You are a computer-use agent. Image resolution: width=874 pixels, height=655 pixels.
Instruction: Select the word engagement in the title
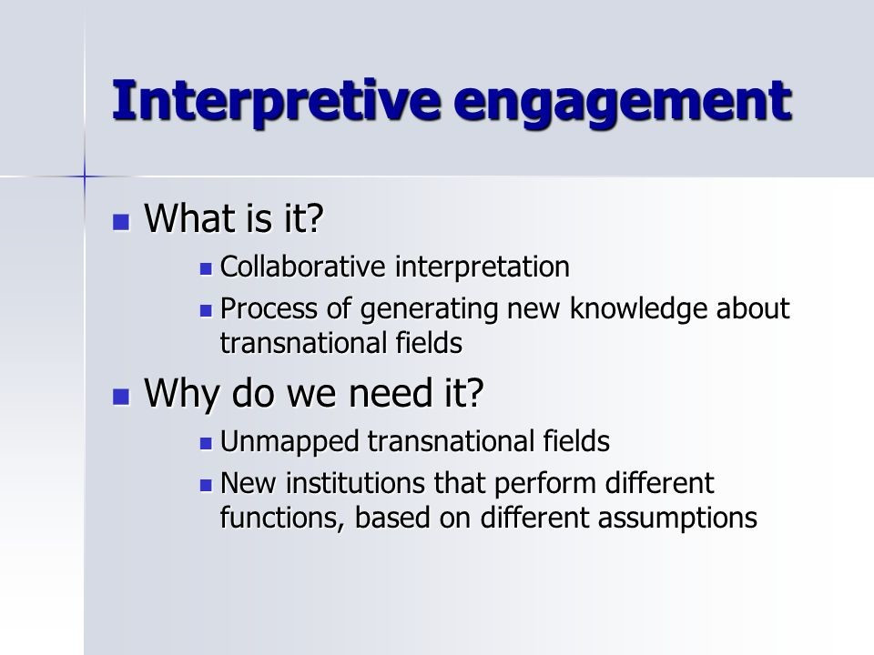click(623, 103)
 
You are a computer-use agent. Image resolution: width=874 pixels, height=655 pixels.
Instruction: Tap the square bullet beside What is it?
click(121, 222)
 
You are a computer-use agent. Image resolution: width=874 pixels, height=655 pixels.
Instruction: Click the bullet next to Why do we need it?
click(121, 397)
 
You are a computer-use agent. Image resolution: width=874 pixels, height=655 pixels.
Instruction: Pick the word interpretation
click(483, 267)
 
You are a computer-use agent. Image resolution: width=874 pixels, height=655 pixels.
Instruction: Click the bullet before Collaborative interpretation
click(207, 269)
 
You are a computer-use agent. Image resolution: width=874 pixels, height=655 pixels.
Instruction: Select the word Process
click(269, 308)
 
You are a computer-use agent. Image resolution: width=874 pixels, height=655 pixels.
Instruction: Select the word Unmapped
click(290, 442)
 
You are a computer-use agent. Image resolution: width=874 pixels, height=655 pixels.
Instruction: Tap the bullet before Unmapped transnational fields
click(207, 444)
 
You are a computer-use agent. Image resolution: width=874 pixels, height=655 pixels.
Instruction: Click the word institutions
click(356, 482)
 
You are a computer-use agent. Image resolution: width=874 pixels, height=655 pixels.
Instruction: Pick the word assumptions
click(677, 519)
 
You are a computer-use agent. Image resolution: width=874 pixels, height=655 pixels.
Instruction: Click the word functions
click(283, 518)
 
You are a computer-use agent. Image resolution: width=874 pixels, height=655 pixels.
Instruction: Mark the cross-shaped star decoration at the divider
click(84, 176)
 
